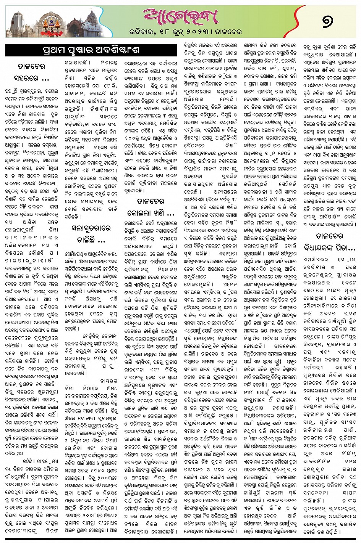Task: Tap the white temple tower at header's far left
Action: click(16, 23)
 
